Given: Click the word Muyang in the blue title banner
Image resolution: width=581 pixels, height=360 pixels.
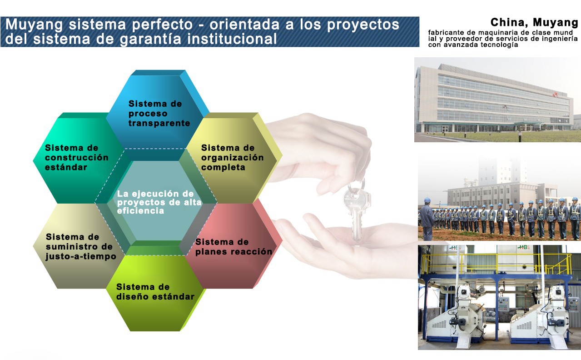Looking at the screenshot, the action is coord(34,25).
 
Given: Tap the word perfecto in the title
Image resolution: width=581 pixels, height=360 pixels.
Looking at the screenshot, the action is coord(162,25).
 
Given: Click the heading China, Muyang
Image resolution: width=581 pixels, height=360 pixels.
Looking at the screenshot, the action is coord(534,23).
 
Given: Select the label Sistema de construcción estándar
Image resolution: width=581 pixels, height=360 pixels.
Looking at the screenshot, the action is coord(76,158).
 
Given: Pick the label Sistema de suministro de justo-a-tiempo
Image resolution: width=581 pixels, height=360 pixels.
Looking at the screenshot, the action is coord(81,246).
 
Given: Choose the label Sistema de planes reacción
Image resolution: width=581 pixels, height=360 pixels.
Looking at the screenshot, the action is coord(233,246).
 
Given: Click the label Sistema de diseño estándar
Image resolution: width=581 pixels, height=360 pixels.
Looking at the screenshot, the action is coord(155,292).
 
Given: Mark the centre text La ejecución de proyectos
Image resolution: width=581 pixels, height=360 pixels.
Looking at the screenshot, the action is coord(159,202).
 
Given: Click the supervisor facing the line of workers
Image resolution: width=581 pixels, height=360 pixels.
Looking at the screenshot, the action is coord(427,219).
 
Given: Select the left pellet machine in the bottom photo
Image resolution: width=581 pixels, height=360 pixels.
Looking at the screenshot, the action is coord(460,315).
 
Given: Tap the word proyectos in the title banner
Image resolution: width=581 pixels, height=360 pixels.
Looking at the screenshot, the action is coord(363,25).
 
